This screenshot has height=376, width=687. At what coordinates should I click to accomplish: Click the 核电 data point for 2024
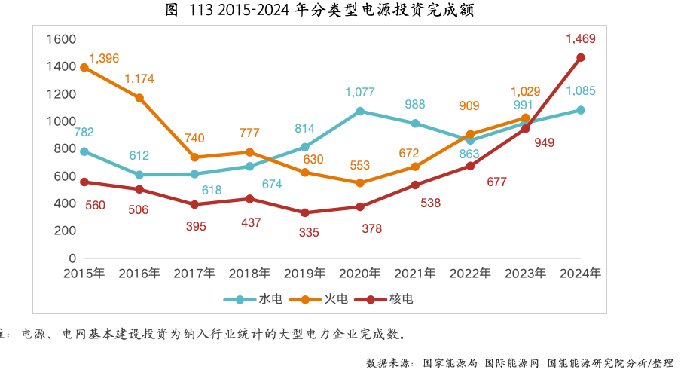pyautogui.click(x=581, y=57)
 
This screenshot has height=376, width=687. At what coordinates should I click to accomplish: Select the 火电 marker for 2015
pyautogui.click(x=84, y=67)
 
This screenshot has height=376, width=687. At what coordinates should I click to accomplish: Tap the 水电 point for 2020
pyautogui.click(x=360, y=111)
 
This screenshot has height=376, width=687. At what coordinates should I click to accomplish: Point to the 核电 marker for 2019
pyautogui.click(x=305, y=212)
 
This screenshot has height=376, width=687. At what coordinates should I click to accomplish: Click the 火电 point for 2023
pyautogui.click(x=526, y=118)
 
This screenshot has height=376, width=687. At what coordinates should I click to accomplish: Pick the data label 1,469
pyautogui.click(x=581, y=38)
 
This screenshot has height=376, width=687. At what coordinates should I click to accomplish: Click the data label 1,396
pyautogui.click(x=104, y=58)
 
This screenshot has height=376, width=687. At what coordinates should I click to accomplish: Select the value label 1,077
pyautogui.click(x=360, y=93)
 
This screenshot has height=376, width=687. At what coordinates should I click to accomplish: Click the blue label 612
pyautogui.click(x=139, y=156)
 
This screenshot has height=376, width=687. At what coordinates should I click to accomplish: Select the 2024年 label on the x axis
pyautogui.click(x=581, y=273)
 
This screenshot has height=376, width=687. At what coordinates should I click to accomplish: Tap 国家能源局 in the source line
pyautogui.click(x=450, y=363)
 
